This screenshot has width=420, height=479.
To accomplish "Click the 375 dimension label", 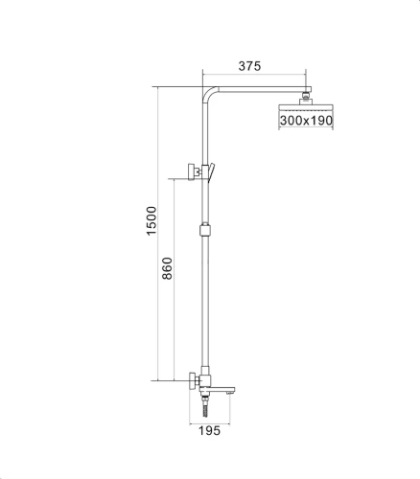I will coord(250,66).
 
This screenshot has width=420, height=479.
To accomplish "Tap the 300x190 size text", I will coord(307,121).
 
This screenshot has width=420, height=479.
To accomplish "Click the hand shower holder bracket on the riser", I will coord(198,173).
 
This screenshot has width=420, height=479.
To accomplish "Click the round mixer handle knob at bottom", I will coord(193,380).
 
